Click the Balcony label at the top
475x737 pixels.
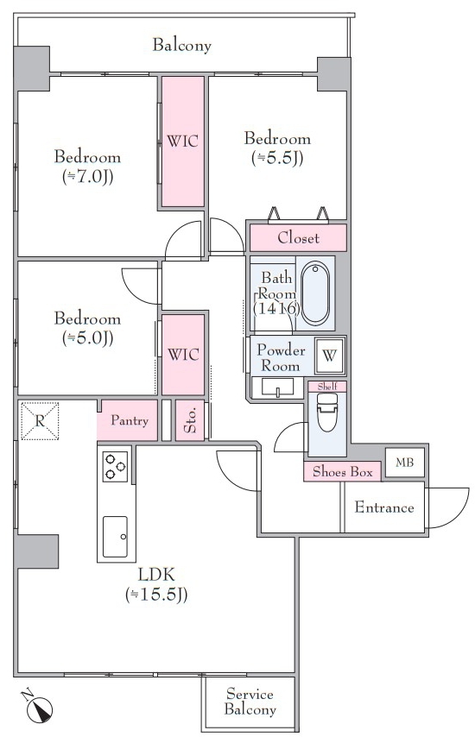pyautogui.click(x=181, y=45)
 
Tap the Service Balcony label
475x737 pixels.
pyautogui.click(x=250, y=702)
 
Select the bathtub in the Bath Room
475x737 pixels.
pyautogui.click(x=314, y=293)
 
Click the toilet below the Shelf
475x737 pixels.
pyautogui.click(x=327, y=412)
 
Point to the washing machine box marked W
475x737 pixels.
pyautogui.click(x=329, y=356)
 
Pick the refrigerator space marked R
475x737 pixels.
pyautogui.click(x=40, y=420)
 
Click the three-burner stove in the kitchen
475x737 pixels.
pyautogui.click(x=115, y=466)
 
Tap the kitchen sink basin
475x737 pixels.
pyautogui.click(x=115, y=536)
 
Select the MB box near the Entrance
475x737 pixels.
pyautogui.click(x=404, y=463)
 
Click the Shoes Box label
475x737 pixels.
pyautogui.click(x=342, y=471)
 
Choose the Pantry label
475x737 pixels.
pyautogui.click(x=130, y=420)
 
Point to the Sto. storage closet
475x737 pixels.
pyautogui.click(x=190, y=420)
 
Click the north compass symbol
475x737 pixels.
pyautogui.click(x=39, y=707)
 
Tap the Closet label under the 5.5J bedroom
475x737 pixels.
pyautogui.click(x=298, y=238)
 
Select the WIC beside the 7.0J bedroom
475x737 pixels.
pyautogui.click(x=183, y=141)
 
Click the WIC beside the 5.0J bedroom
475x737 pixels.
pyautogui.click(x=183, y=354)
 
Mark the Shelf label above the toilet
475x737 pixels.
pyautogui.click(x=327, y=387)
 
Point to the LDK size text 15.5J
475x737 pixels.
pyautogui.click(x=156, y=595)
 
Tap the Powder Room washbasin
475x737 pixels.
pyautogui.click(x=277, y=387)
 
